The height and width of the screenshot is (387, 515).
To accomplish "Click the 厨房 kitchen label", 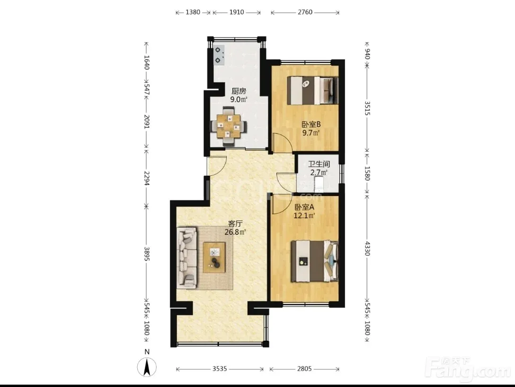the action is [239, 91].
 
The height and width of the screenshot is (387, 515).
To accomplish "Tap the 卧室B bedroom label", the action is [311, 124].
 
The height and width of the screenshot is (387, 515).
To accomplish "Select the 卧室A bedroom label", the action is [304, 207].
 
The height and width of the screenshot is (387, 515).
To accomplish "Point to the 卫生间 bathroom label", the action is [319, 163].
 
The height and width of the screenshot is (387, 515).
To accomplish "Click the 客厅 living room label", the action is [235, 224].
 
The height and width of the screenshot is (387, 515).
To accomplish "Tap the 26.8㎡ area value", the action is [235, 232].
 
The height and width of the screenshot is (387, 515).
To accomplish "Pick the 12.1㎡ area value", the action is [304, 216].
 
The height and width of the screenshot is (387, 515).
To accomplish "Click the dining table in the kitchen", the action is [229, 126].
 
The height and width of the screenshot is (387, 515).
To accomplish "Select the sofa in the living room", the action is [187, 258].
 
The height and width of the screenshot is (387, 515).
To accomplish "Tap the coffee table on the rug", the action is [214, 258].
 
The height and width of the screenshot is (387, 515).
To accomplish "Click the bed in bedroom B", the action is [313, 90].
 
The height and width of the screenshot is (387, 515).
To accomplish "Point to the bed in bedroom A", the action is [315, 261].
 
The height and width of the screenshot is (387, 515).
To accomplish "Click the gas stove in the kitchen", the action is [219, 55].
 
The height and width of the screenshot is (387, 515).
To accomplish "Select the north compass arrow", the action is [147, 367].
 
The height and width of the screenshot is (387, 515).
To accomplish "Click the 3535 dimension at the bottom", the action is [220, 369].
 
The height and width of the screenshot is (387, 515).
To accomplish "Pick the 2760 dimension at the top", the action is [305, 12].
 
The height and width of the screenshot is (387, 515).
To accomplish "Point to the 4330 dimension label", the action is [367, 249].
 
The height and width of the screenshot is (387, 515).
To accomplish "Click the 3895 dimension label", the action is [147, 254].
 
